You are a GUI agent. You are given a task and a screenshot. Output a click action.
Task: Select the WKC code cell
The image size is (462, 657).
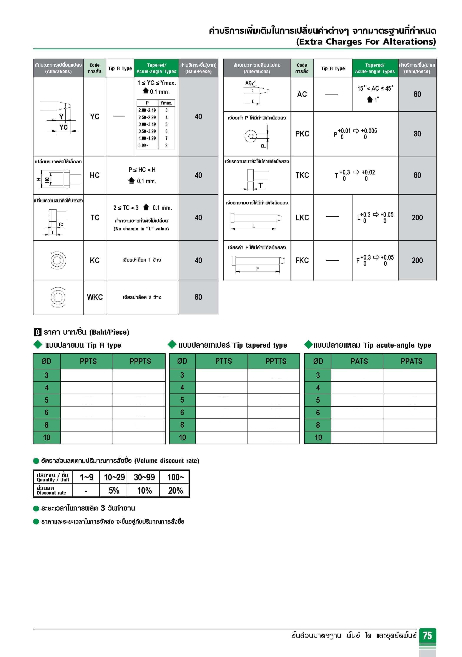point(95,297)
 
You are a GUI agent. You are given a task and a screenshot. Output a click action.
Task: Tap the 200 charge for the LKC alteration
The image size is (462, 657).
point(417,217)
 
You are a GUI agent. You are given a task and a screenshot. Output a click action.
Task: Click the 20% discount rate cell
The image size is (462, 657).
point(175,490)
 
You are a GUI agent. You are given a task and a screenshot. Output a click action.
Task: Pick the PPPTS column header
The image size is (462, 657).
point(140,361)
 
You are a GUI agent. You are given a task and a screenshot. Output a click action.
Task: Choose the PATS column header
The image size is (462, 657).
point(359,361)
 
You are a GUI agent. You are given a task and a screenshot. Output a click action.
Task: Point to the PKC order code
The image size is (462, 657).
point(302,134)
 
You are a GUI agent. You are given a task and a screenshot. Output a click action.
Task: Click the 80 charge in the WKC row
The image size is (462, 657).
point(198,297)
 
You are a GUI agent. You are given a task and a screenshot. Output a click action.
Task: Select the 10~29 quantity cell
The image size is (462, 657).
point(114,477)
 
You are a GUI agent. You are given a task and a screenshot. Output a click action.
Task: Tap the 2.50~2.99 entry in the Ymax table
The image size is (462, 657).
point(147,117)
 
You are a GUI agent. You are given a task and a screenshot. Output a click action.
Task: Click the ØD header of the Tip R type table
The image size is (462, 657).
point(46,361)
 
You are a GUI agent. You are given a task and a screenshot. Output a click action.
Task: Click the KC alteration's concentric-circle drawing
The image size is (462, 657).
point(58,260)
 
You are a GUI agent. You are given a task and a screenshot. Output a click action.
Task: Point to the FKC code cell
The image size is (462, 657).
point(302,260)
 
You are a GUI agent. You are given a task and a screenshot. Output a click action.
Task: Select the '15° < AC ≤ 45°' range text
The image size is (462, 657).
point(375,88)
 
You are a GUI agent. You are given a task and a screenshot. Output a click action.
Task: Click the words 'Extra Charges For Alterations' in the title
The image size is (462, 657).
point(366,42)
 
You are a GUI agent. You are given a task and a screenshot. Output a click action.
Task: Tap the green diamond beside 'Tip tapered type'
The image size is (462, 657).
point(172,345)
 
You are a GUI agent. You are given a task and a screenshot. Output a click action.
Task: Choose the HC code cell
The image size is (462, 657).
point(95,175)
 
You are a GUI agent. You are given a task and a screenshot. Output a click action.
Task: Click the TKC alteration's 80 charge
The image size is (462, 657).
point(417,175)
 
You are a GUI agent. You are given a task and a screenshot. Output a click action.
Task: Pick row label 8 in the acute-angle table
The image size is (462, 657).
point(318,425)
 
